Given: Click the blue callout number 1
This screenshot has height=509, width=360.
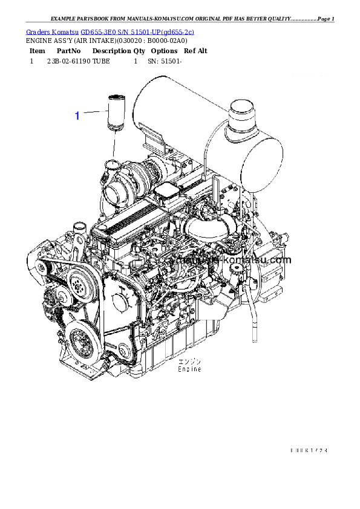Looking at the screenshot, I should [77, 115].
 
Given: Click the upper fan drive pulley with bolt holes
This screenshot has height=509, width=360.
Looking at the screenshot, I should [78, 282].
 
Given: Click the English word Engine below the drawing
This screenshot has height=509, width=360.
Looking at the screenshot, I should [189, 369].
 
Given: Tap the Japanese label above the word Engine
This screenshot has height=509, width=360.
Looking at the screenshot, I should [189, 361].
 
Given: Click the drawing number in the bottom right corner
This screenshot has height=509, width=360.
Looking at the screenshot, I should [309, 450].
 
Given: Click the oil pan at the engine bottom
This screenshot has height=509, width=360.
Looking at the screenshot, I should [175, 351].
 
